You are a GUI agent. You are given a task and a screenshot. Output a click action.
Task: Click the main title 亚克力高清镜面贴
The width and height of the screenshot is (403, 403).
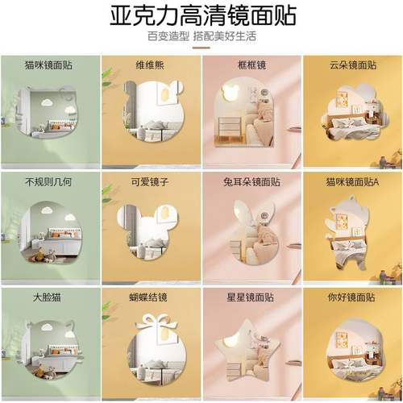(x=201, y=15)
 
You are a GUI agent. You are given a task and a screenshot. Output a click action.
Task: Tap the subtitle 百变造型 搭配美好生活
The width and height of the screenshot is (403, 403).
(x=201, y=36)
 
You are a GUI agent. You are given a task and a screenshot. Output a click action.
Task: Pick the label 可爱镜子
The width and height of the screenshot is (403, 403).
(x=132, y=182)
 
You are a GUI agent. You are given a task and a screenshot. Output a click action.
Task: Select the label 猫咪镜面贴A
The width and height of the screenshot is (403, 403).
(x=352, y=182)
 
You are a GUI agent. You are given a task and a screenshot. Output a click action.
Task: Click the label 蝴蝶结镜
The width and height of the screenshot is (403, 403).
(x=132, y=297)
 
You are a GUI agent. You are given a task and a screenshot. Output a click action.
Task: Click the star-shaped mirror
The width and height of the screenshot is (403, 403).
(x=251, y=351)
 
